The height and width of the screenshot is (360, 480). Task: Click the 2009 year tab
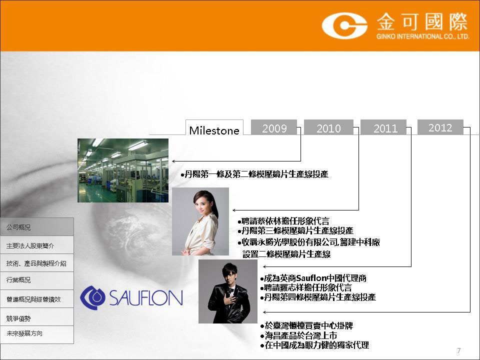point(274,127)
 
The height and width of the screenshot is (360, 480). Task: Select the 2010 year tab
point(328,127)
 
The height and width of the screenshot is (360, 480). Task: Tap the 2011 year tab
point(383,127)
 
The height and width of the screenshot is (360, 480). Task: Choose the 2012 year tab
point(440,127)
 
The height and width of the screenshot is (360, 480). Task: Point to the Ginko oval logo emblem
point(344,25)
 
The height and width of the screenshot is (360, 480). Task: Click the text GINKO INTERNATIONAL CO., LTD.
point(423,36)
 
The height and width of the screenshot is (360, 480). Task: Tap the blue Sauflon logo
point(131,297)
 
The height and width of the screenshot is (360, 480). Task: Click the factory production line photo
point(123,170)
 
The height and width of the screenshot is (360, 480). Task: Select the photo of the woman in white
point(200,221)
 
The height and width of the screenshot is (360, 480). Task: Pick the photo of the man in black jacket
point(228,291)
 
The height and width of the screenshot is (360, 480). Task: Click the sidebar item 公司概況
point(36,227)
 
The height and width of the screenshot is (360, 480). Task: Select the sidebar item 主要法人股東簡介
point(36,245)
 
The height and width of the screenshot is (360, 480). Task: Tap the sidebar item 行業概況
point(36,280)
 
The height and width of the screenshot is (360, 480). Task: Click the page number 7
point(458,350)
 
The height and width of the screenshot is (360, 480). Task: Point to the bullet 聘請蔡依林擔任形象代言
point(283,221)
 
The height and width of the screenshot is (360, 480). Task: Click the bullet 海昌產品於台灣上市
point(299,335)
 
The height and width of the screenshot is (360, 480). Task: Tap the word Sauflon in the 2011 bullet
point(311,278)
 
